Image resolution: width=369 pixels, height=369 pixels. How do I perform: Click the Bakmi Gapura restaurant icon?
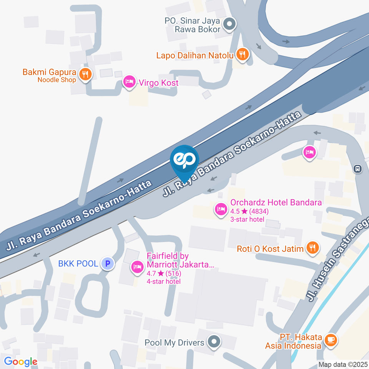[85, 73]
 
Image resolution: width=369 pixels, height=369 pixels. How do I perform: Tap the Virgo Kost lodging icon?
[129, 81]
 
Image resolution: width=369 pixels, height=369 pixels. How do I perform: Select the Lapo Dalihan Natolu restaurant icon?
[242, 55]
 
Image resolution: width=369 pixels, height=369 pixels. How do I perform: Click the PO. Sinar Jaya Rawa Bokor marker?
[230, 24]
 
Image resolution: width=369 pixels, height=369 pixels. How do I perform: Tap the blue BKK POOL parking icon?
[108, 264]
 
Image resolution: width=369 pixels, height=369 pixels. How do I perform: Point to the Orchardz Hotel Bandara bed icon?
[220, 209]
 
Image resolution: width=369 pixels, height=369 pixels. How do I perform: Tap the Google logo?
[20, 361]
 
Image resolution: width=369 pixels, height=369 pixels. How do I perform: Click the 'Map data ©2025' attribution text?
[342, 364]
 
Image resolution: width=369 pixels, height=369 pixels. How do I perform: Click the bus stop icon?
[358, 168]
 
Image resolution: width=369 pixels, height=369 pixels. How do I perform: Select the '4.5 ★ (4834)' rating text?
[249, 211]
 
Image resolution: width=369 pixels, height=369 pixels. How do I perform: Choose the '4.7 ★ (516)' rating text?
[164, 274]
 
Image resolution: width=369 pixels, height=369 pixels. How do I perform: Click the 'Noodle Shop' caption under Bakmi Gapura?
[57, 80]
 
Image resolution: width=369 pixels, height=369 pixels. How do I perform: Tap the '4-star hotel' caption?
[164, 281]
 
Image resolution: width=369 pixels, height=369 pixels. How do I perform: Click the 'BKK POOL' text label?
[78, 264]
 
